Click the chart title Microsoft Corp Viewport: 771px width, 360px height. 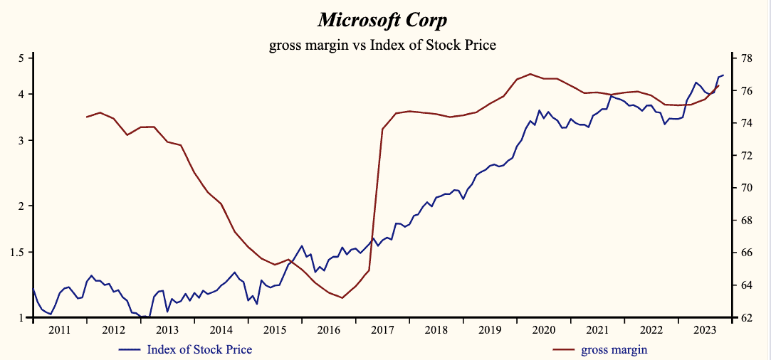(382, 19)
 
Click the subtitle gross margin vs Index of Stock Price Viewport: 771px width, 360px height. (382, 46)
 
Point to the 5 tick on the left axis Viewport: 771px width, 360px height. (21, 58)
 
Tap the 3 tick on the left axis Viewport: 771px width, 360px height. (21, 141)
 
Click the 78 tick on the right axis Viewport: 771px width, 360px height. (748, 58)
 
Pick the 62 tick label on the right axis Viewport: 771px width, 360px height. (748, 317)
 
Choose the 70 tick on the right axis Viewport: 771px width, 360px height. (748, 188)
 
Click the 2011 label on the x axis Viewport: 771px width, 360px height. (59, 330)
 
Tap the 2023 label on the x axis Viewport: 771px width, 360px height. (705, 330)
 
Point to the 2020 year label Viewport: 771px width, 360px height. (544, 330)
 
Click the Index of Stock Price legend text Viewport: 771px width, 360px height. (199, 349)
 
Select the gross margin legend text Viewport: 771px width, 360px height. (614, 349)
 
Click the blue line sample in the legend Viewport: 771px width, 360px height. (130, 349)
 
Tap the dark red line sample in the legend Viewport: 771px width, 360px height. (564, 349)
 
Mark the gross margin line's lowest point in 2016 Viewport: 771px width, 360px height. (342, 297)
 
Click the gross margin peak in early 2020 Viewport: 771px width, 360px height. (530, 73)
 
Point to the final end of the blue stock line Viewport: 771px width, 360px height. (723, 75)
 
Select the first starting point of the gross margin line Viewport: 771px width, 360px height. (86, 117)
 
